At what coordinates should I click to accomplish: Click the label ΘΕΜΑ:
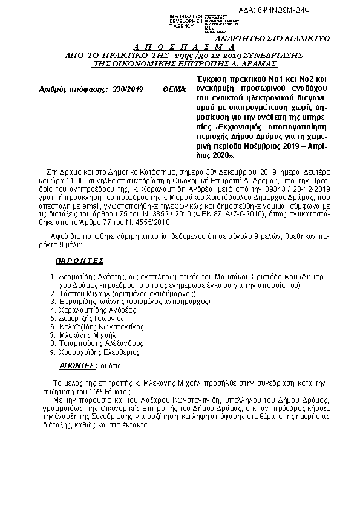click(175, 89)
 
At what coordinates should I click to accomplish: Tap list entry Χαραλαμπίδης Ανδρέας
click(95, 310)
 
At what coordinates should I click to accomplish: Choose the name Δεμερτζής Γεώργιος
click(91, 318)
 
